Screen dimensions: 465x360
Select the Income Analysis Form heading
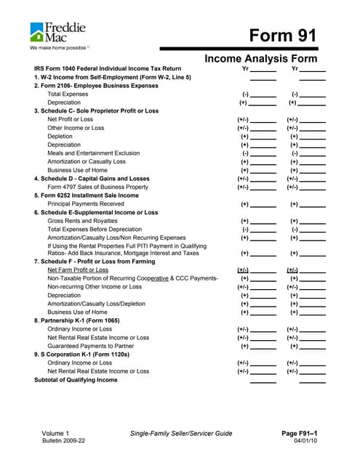[265, 57]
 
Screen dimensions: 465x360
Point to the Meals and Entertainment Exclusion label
[93, 153]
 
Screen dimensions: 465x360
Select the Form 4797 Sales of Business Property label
[97, 187]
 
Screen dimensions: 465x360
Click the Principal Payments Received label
[86, 204]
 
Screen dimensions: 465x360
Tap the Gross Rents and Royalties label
[82, 221]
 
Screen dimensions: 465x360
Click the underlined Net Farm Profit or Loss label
[78, 270]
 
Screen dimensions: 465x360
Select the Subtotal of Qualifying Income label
[76, 380]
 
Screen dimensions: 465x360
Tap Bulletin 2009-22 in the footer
[63, 441]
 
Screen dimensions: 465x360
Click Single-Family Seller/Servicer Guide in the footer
[180, 434]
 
